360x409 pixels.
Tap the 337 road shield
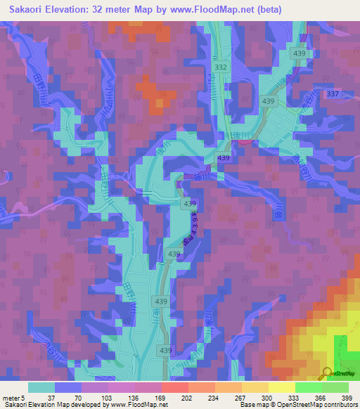(x=333, y=94)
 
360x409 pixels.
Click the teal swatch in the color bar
(x=41, y=387)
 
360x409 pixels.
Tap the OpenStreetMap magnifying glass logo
(x=326, y=373)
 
